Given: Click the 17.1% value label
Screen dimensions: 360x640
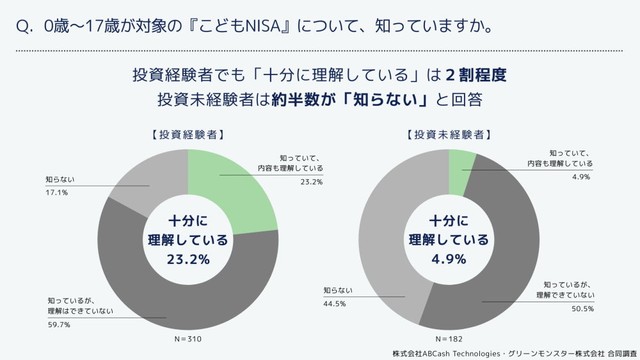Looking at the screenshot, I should point(56,192).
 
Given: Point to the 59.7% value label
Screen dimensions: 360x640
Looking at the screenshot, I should point(59,324).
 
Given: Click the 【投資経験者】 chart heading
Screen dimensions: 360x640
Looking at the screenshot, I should point(187,132).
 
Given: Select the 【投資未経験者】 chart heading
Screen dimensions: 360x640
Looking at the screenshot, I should point(448,132).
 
